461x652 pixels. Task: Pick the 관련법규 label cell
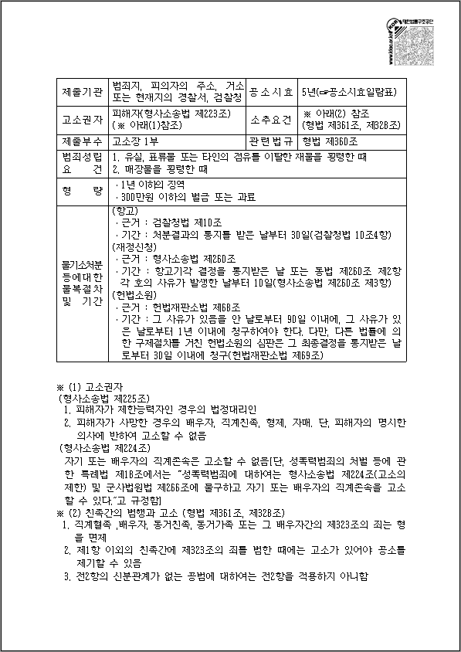pos(271,141)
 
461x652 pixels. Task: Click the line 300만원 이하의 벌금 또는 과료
pos(185,197)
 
